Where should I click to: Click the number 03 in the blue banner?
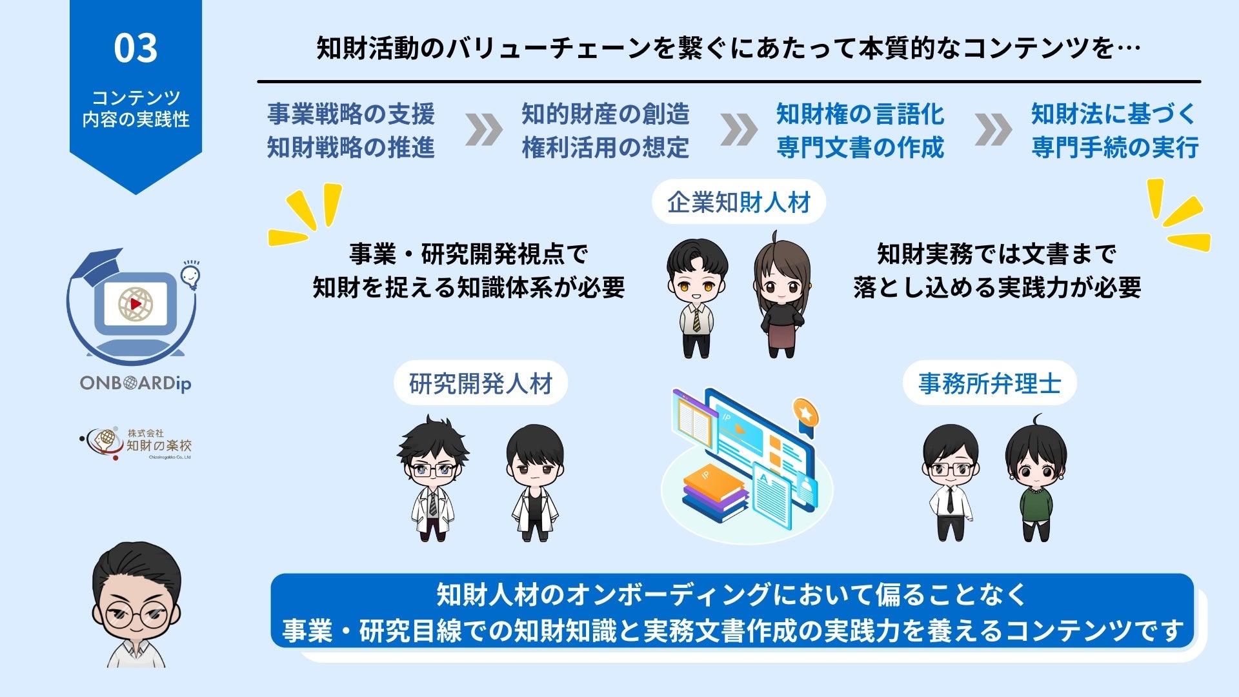pos(136,48)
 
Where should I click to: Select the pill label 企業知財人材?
pos(739,203)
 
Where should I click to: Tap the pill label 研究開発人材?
pos(481,384)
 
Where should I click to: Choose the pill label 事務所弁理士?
pos(989,384)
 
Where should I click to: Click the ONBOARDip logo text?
pos(136,383)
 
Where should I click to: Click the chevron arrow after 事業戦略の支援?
pos(483,130)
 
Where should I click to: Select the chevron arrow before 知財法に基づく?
pos(993,130)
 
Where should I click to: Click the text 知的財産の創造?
pos(605,114)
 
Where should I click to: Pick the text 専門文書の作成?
pos(860,148)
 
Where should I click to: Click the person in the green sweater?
pos(1036,481)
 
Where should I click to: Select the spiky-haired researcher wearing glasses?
pos(432,478)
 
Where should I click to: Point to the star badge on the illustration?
pos(805,412)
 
